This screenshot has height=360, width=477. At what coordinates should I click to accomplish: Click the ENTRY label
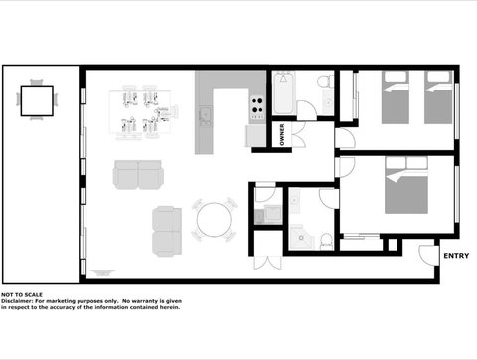pyautogui.click(x=456, y=256)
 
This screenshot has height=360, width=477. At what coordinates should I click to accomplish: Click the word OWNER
pyautogui.click(x=282, y=135)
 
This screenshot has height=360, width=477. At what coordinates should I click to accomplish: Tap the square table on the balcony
pyautogui.click(x=38, y=99)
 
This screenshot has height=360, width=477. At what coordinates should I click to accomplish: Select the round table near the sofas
pyautogui.click(x=214, y=221)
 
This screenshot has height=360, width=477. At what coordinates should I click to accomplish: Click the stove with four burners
pyautogui.click(x=256, y=103)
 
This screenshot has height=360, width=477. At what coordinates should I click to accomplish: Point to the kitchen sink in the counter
pyautogui.click(x=206, y=116)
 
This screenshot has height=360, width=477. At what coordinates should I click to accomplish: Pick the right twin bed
pyautogui.click(x=438, y=99)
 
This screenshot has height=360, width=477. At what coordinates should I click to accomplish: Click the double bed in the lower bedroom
pyautogui.click(x=407, y=190)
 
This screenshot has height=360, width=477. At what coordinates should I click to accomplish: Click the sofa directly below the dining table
pyautogui.click(x=139, y=176)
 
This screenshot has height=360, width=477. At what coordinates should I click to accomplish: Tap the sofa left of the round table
pyautogui.click(x=167, y=230)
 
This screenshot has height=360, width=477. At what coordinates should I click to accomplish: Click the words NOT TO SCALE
pyautogui.click(x=22, y=295)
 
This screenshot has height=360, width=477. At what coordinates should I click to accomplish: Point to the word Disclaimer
pyautogui.click(x=19, y=301)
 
